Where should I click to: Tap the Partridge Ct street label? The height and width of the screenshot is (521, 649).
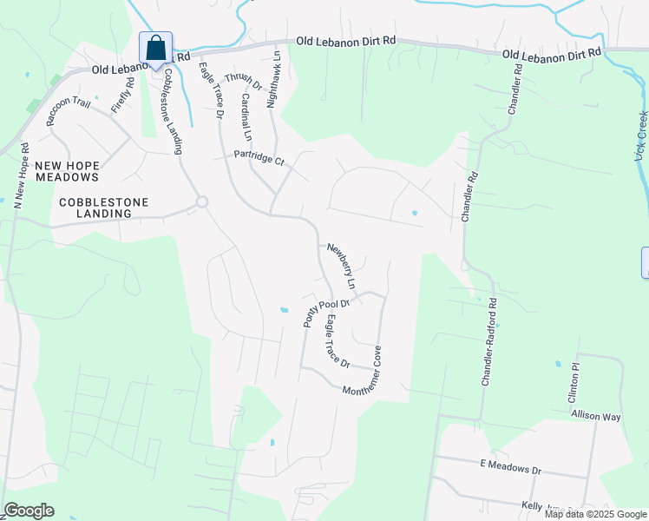pos(259,158)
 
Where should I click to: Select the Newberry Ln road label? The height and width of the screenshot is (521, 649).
pos(341,266)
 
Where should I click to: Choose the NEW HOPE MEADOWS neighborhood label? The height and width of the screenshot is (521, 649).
pos(67,170)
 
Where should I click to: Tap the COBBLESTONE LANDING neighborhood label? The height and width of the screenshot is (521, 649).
pos(103,208)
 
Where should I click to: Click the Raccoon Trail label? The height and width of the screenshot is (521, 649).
pos(69,112)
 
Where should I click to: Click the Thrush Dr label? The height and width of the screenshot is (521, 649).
pos(245,79)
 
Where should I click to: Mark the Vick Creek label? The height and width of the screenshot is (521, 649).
pos(642,135)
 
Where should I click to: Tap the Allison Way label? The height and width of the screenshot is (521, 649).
pos(596,416)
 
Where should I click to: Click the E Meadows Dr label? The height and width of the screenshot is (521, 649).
pos(510,469)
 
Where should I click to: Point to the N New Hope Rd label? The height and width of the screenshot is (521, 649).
pos(20,174)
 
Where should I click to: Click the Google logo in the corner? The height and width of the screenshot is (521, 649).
pos(29,511)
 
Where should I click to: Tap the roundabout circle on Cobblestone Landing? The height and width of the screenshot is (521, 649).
pos(202,201)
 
